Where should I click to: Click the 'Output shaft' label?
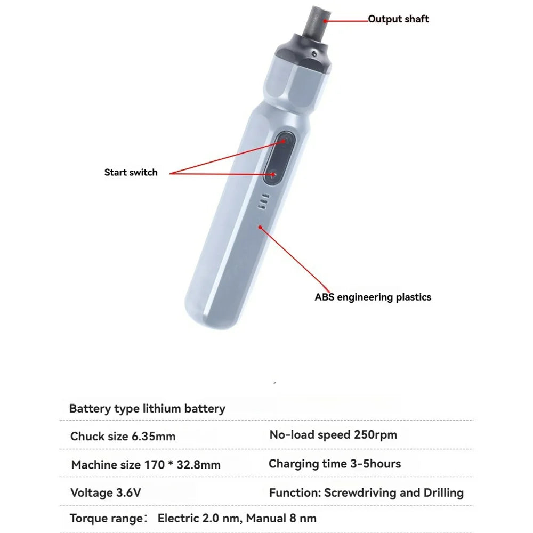pyautogui.click(x=398, y=19)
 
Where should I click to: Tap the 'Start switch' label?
pyautogui.click(x=131, y=172)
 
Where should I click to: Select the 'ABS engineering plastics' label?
pyautogui.click(x=373, y=297)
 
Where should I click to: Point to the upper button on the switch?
pyautogui.click(x=285, y=141)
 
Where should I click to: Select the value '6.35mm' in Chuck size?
pyautogui.click(x=153, y=437)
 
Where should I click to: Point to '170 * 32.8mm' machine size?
pyautogui.click(x=182, y=465)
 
